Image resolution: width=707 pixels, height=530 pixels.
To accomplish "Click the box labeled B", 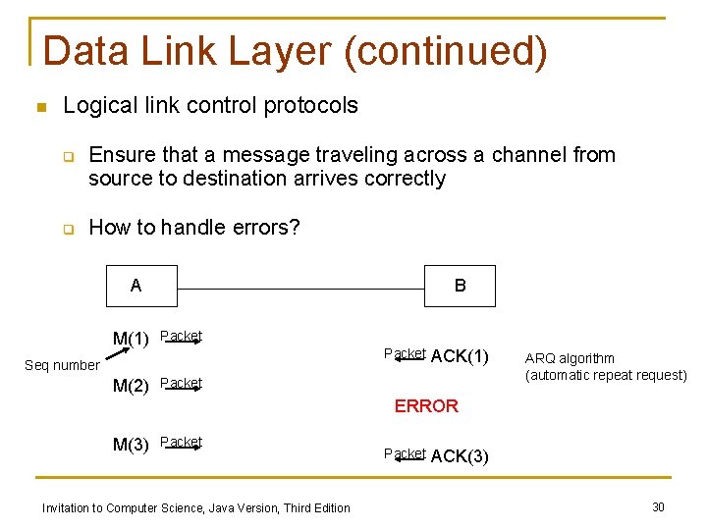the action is coord(461,286).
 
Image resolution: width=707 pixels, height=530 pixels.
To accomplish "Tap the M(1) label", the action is coord(131,340).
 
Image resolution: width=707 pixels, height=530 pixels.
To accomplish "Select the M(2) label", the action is coord(131,386).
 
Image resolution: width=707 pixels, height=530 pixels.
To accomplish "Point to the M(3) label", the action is coord(131,445).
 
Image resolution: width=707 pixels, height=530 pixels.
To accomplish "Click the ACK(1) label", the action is coord(460,356).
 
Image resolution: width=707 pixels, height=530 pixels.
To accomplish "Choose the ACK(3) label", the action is coord(460,455).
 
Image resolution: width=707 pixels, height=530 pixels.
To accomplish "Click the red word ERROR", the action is coord(426,406).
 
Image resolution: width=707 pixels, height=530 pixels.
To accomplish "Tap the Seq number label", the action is coord(62,366).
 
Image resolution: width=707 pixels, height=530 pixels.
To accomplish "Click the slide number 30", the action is coord(658,506).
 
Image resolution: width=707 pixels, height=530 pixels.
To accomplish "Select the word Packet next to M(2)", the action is coord(182,383).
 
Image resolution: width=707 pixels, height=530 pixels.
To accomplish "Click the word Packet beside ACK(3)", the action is coord(405,452).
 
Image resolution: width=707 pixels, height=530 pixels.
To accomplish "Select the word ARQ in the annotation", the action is coord(538,358).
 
